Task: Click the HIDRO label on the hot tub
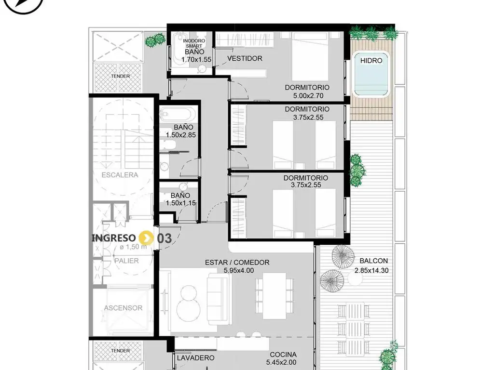(x=371, y=60)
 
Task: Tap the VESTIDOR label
(x=245, y=58)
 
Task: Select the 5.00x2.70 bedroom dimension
(x=308, y=96)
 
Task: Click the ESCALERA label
(x=120, y=175)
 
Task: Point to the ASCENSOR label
(x=123, y=308)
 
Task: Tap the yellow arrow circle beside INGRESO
(x=146, y=238)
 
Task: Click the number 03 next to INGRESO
(x=165, y=238)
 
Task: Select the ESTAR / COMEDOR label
(x=237, y=263)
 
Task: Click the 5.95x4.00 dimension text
(x=238, y=270)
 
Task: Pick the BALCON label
(x=373, y=261)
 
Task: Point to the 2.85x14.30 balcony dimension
(x=371, y=270)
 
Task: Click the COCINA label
(x=283, y=355)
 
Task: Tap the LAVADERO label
(x=196, y=358)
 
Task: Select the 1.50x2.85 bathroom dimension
(x=181, y=135)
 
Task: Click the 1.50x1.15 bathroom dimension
(x=181, y=203)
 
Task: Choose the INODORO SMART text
(x=194, y=43)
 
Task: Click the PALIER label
(x=126, y=261)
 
